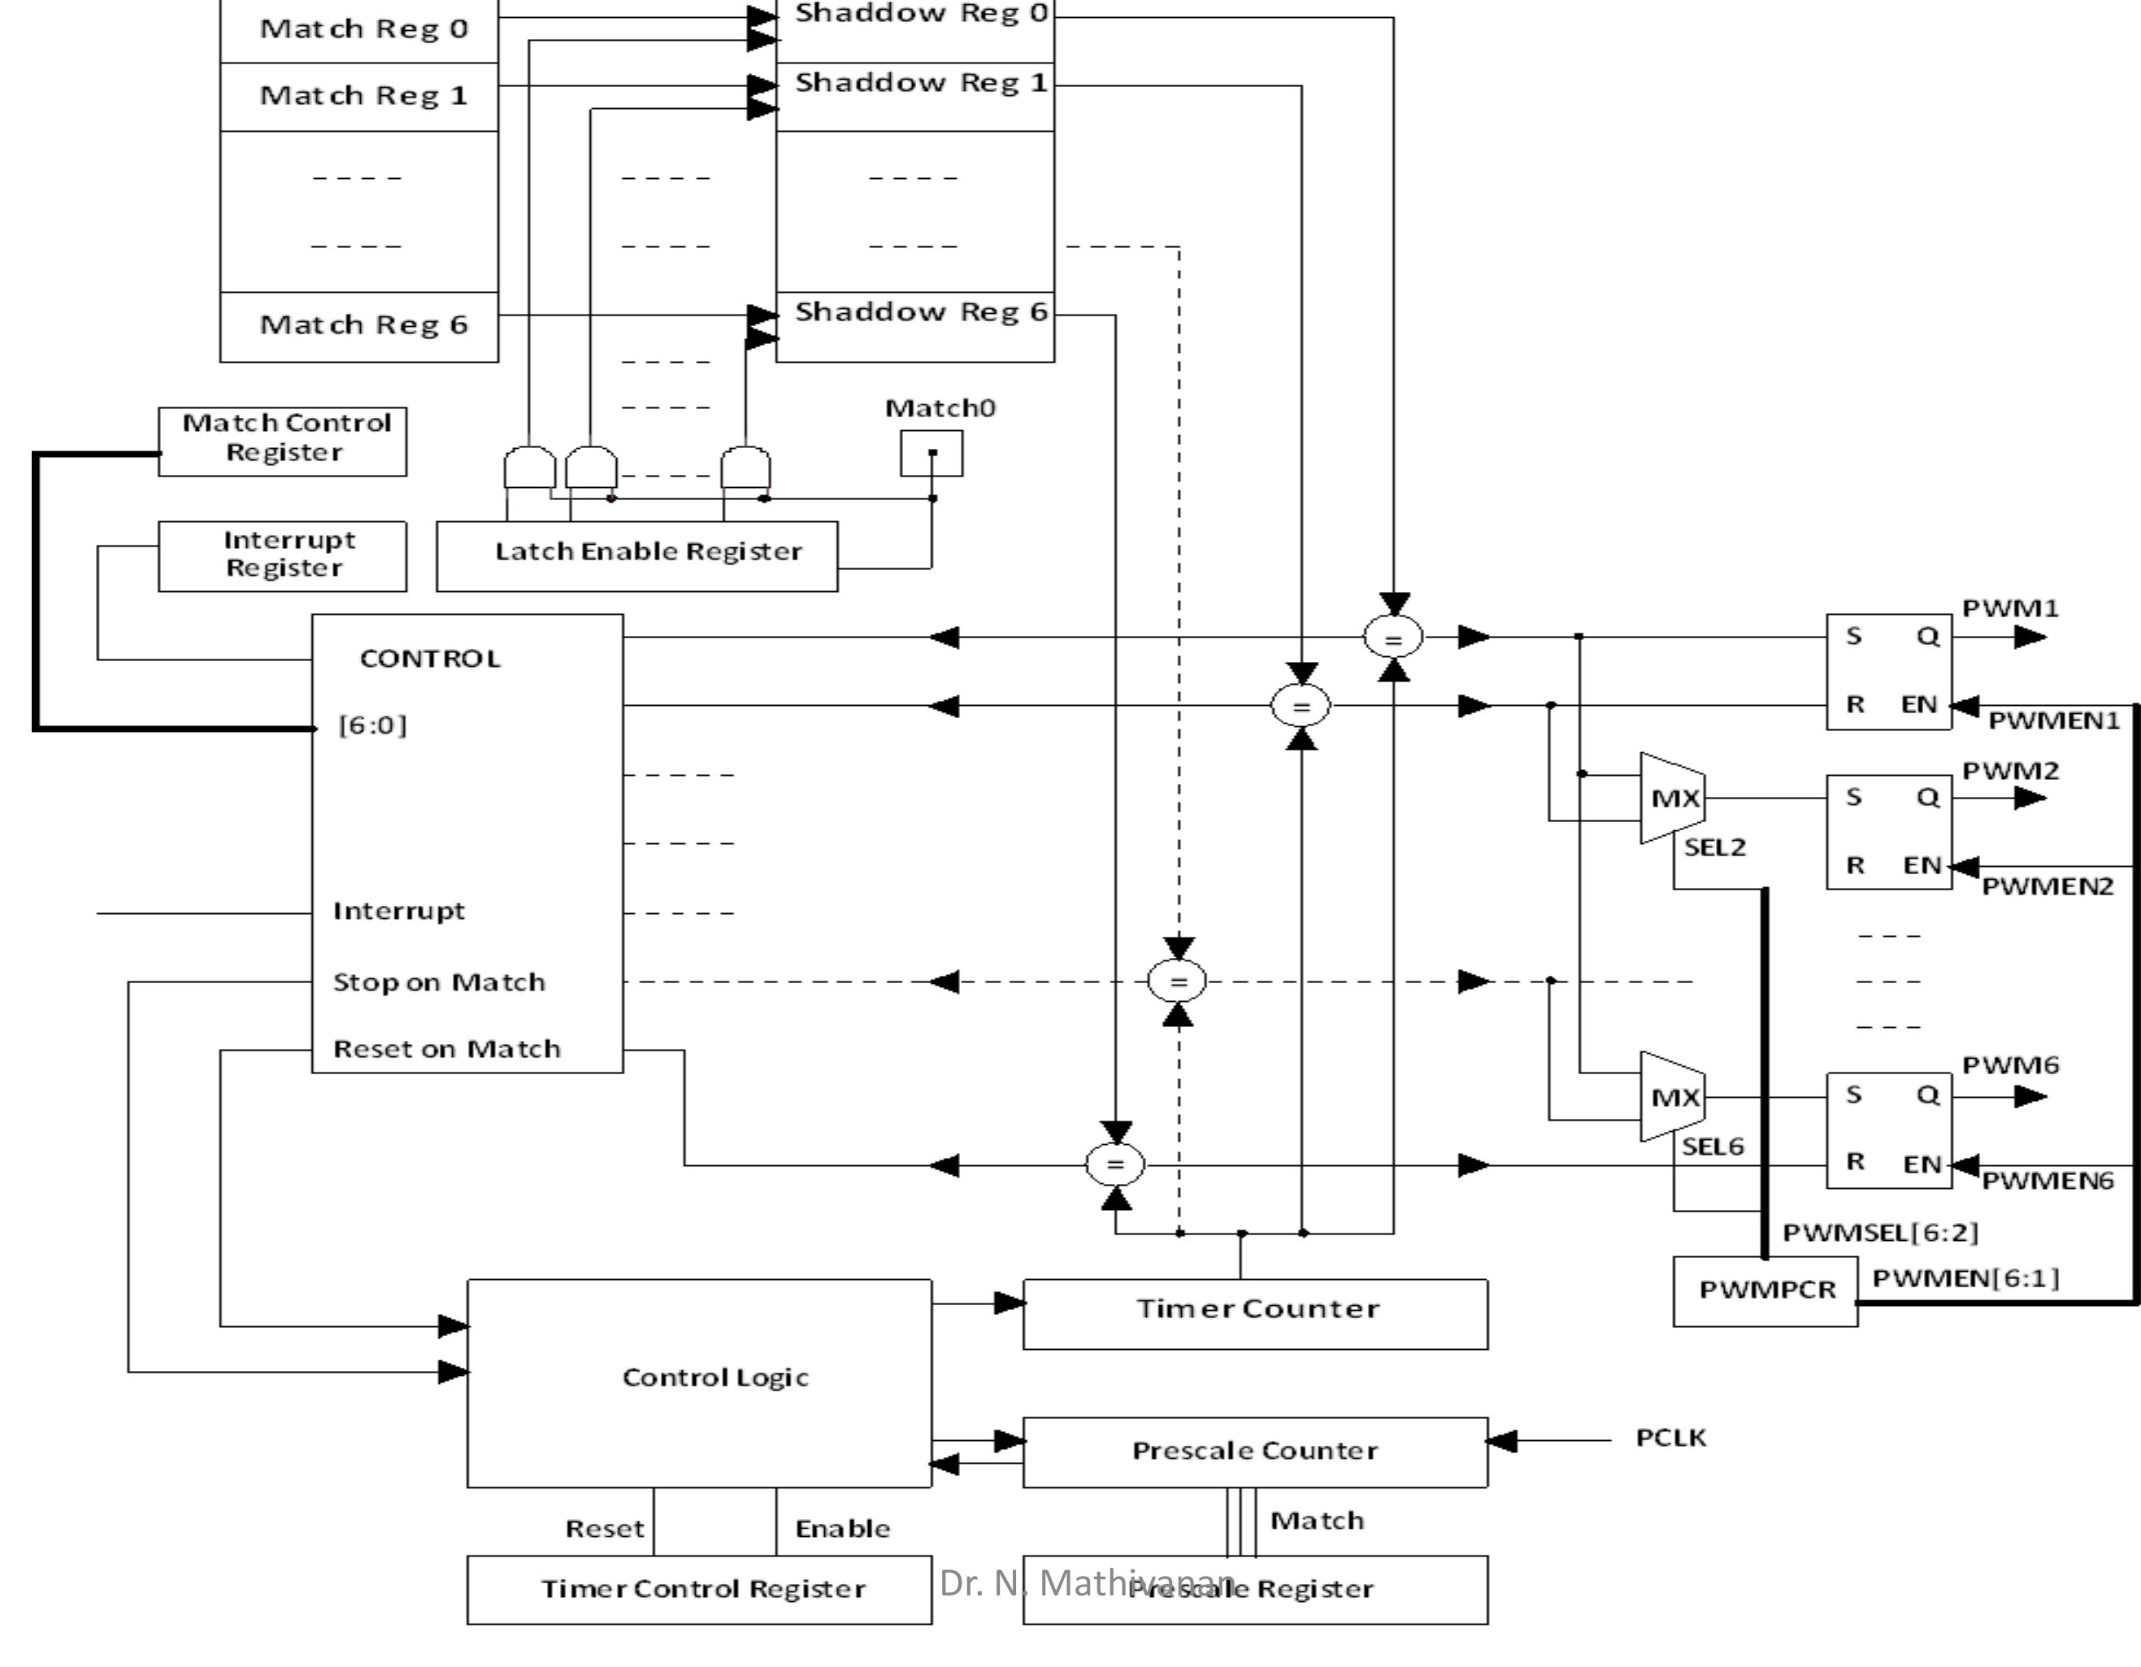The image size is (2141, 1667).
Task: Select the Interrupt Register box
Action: click(x=282, y=555)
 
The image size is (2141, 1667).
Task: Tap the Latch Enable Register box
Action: click(x=637, y=555)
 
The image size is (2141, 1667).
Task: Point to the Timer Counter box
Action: click(x=1255, y=1313)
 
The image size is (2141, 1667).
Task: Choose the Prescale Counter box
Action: click(x=1255, y=1452)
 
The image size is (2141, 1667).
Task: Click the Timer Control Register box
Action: click(x=699, y=1589)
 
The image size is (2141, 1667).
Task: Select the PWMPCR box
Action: click(x=1765, y=1291)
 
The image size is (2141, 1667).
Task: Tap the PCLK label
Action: click(x=1670, y=1438)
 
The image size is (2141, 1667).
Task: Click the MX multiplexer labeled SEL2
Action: click(x=1674, y=799)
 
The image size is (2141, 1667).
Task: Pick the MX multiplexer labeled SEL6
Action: click(x=1674, y=1097)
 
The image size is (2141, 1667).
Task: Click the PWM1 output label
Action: click(x=2009, y=609)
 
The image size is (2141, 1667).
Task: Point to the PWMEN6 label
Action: click(x=2047, y=1182)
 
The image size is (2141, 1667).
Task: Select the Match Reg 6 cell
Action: click(x=360, y=325)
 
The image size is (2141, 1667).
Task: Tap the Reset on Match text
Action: click(x=447, y=1049)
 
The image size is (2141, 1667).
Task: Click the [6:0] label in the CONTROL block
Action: click(x=371, y=725)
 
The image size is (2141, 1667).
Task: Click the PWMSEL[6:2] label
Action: click(x=1880, y=1233)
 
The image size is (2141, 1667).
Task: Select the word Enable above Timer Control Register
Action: click(x=842, y=1529)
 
